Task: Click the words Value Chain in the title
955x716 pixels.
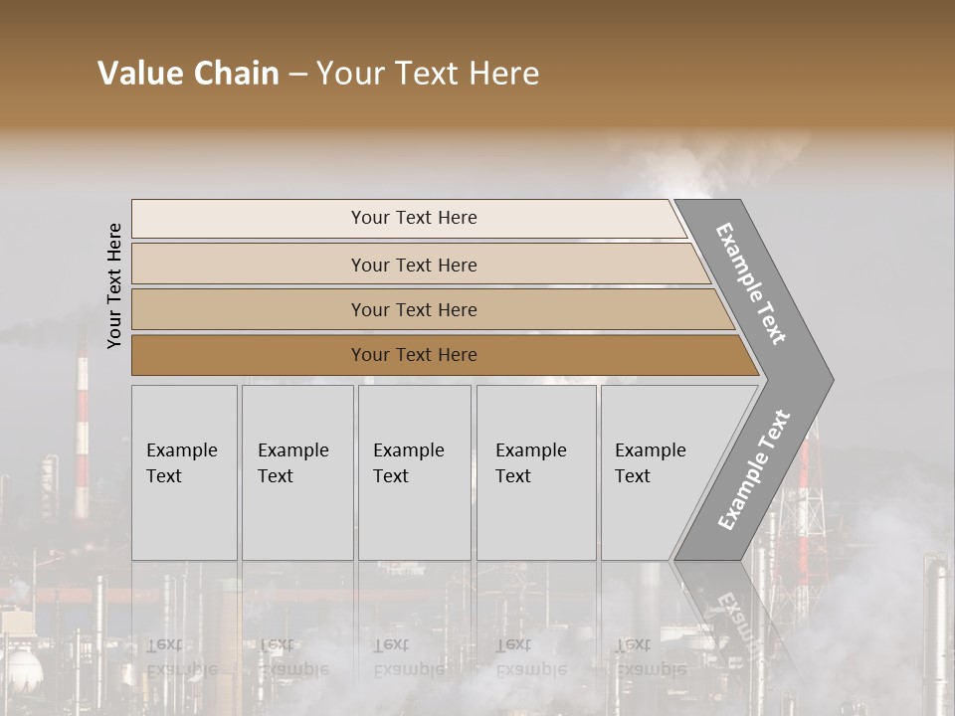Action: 188,74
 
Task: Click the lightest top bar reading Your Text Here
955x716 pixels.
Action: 413,218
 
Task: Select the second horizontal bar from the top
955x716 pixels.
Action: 413,265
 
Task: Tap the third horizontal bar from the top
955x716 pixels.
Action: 413,309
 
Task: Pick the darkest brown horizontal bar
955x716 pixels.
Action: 413,355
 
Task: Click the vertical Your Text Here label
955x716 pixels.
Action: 114,285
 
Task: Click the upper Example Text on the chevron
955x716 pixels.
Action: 751,283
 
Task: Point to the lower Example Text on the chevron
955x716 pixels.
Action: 754,470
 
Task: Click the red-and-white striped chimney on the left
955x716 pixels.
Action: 82,428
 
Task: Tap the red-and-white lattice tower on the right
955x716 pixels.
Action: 811,477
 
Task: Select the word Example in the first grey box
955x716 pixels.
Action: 181,450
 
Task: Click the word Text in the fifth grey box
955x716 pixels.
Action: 633,476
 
